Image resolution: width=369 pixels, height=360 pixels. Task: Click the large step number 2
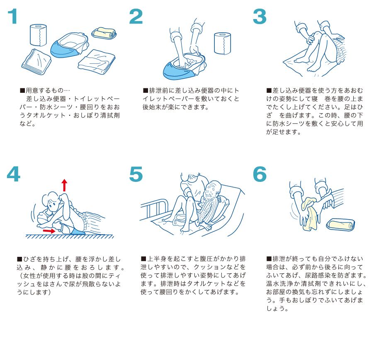[136, 16]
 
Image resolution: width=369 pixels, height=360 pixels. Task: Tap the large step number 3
[260, 16]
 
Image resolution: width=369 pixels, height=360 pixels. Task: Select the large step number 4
[13, 174]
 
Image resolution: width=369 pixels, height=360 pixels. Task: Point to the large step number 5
[136, 174]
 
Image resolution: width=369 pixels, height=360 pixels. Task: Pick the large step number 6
[260, 174]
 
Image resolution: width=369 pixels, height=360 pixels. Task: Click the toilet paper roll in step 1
[39, 35]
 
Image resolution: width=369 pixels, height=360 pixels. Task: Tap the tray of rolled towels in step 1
[104, 33]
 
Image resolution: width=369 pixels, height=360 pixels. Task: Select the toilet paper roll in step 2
[222, 43]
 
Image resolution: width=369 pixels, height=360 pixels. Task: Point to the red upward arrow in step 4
[64, 185]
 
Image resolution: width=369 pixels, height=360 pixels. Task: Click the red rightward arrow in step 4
[49, 231]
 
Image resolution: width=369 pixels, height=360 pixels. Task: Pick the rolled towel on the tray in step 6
[341, 224]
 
